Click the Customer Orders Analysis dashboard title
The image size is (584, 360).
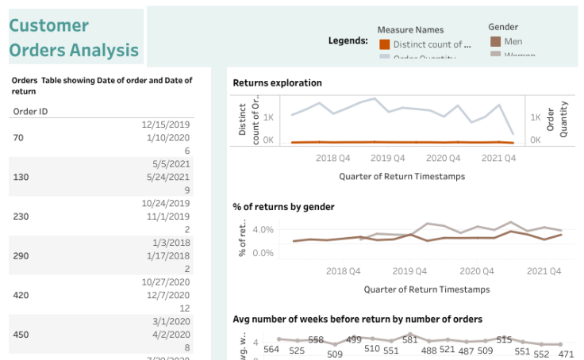(x=74, y=38)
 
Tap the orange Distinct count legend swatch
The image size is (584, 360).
(x=385, y=44)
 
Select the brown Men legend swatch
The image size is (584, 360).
(x=495, y=41)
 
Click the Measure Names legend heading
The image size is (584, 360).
(x=410, y=30)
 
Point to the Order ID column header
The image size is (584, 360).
(x=31, y=111)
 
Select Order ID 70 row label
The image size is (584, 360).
(x=19, y=137)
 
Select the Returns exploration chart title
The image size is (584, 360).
(x=277, y=82)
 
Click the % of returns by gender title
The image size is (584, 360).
(x=283, y=207)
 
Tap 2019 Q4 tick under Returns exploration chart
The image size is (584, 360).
(x=387, y=159)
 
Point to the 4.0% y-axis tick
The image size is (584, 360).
(x=263, y=230)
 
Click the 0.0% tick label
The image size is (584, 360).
(x=263, y=253)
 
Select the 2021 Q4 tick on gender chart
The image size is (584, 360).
(x=544, y=271)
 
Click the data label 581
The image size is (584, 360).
(x=409, y=339)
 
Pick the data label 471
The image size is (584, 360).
(x=566, y=354)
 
